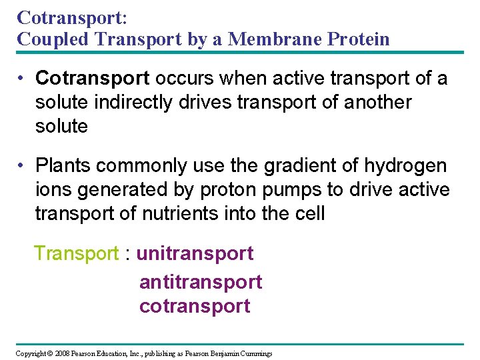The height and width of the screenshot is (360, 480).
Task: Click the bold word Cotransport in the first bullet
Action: (x=93, y=79)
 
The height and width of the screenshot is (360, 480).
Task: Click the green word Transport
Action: (x=76, y=253)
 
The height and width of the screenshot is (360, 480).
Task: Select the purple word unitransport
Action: (x=195, y=253)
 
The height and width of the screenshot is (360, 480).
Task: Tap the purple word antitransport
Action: (x=201, y=282)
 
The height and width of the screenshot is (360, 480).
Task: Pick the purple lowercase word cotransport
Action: (x=195, y=306)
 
